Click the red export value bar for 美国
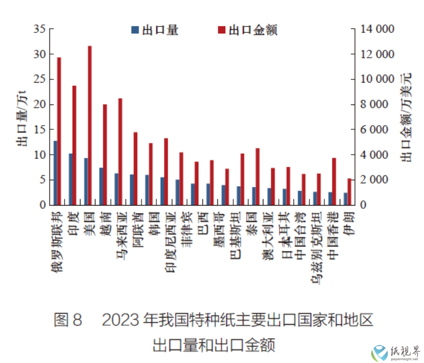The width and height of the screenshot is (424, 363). (x=90, y=125)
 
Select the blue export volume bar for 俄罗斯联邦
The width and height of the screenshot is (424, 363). (x=55, y=173)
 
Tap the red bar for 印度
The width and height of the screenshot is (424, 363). (x=74, y=145)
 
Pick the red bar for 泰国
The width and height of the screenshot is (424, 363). (x=258, y=176)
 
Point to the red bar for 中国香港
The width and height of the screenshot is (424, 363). (x=334, y=181)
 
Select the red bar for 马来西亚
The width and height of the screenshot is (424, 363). (x=120, y=152)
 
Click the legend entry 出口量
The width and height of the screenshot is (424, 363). (x=154, y=30)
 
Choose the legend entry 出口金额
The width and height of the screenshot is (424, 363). (x=247, y=30)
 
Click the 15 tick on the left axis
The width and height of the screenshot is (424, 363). (x=39, y=129)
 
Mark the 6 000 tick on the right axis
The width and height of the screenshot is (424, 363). (x=377, y=129)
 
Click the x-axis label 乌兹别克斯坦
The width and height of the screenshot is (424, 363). (x=316, y=241)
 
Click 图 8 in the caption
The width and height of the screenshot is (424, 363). (x=68, y=320)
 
